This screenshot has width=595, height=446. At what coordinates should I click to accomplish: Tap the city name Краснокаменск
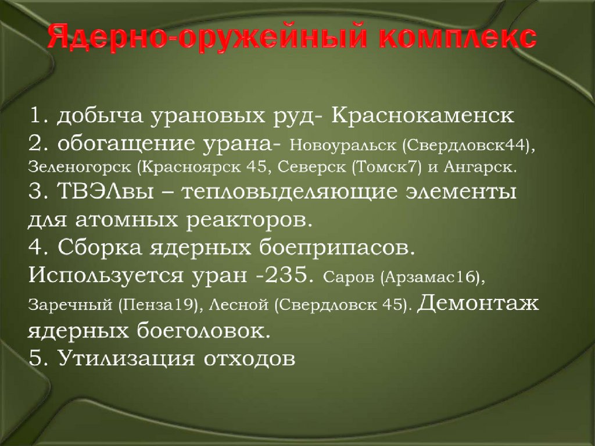[x=423, y=115]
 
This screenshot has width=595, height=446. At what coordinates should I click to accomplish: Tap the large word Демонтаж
[x=478, y=302]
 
